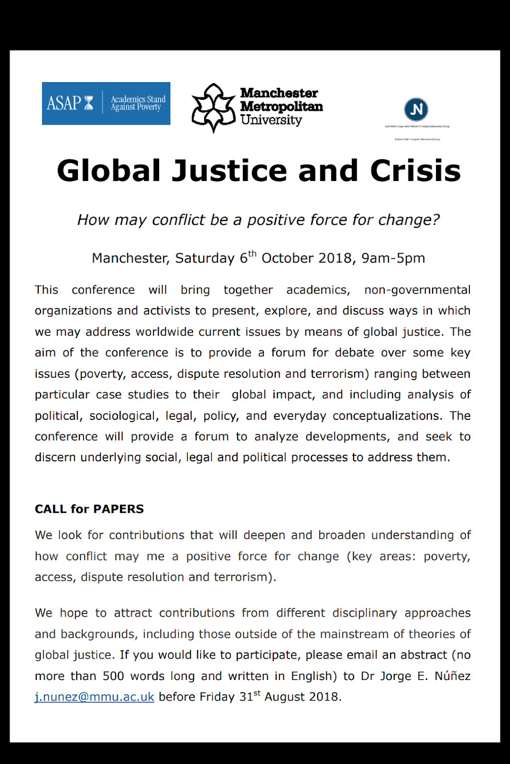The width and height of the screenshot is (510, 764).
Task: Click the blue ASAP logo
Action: tap(106, 104)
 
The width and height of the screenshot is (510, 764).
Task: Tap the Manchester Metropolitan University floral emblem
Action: tap(213, 108)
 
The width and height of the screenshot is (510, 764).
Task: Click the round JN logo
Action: tap(416, 109)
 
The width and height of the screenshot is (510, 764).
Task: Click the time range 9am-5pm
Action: tap(393, 258)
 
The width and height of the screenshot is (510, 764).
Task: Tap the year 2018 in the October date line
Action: tap(335, 258)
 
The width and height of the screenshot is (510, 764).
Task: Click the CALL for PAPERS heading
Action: tap(89, 509)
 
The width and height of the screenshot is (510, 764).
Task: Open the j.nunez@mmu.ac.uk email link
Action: tap(95, 697)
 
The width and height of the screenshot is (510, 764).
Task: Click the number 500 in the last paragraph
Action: tap(113, 676)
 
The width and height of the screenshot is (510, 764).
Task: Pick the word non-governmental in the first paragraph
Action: tap(417, 290)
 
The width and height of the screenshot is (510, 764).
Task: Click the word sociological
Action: tap(122, 416)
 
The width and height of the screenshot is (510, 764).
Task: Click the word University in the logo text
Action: tap(271, 120)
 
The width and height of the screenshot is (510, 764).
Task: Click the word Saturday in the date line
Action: tap(205, 258)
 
